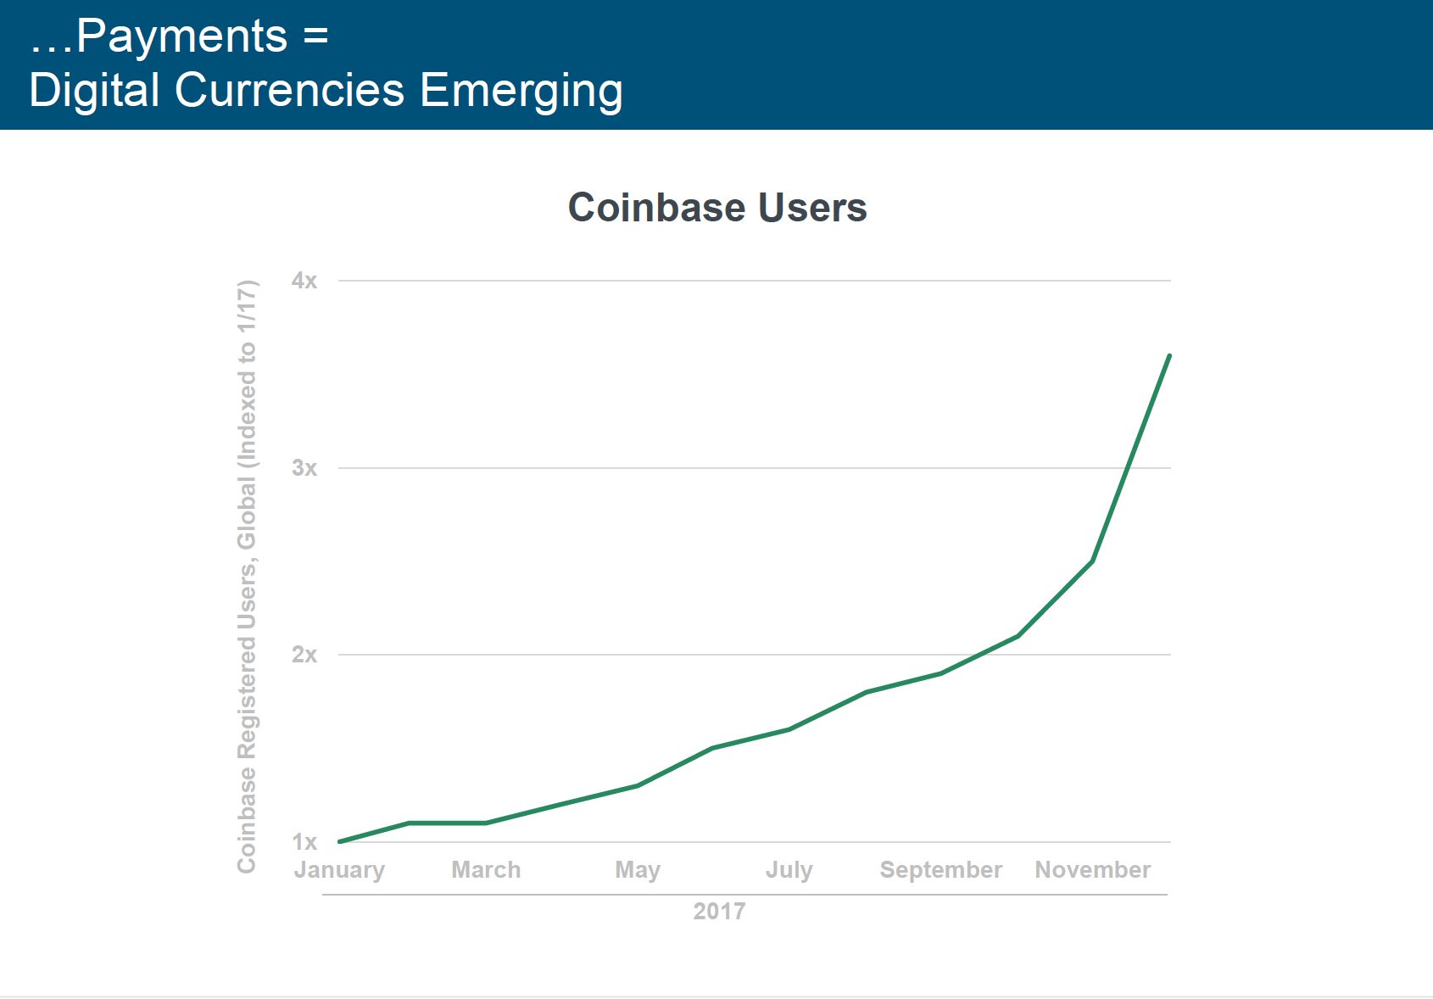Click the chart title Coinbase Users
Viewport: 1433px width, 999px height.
click(x=717, y=208)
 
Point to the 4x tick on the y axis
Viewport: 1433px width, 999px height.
click(x=304, y=281)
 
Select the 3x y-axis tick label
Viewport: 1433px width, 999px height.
click(x=304, y=468)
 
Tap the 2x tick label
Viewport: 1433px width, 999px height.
click(x=304, y=655)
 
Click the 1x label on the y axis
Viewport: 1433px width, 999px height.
click(x=304, y=842)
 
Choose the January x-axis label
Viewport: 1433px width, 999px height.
click(x=339, y=870)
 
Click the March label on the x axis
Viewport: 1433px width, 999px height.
click(x=486, y=870)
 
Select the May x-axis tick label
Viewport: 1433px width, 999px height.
click(x=638, y=870)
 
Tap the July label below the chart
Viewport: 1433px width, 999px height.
click(x=789, y=870)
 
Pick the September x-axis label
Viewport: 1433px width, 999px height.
click(x=941, y=870)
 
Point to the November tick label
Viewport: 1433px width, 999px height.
click(x=1093, y=870)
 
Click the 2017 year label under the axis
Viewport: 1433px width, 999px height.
click(x=719, y=912)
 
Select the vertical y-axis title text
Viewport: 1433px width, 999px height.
click(x=247, y=577)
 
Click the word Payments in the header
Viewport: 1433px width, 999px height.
click(x=181, y=36)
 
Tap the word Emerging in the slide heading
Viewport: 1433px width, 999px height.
click(x=521, y=91)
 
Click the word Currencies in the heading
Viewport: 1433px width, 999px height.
click(x=290, y=91)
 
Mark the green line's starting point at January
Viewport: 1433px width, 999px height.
click(x=340, y=841)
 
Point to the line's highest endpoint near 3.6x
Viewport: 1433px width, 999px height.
click(x=1169, y=356)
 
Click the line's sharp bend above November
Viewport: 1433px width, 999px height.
click(x=1092, y=561)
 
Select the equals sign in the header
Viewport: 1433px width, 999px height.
click(x=315, y=36)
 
